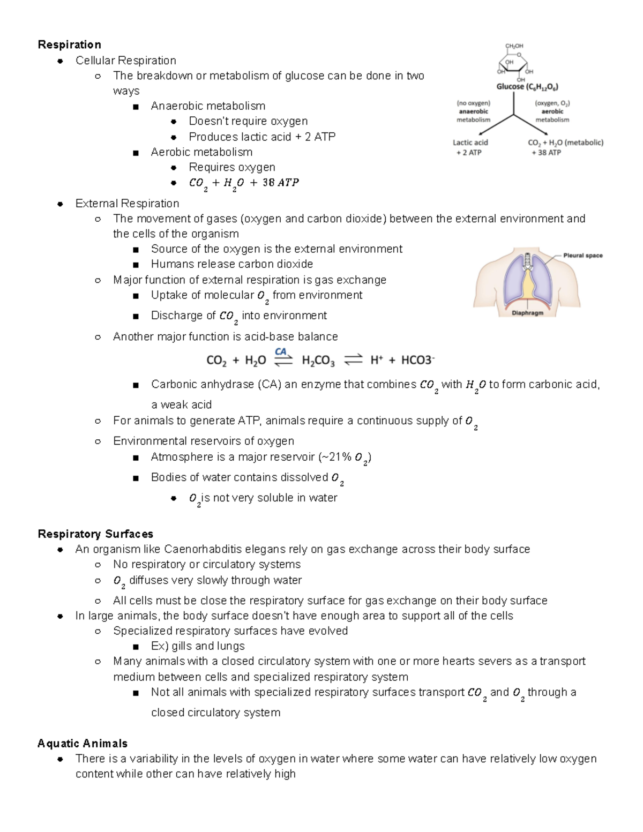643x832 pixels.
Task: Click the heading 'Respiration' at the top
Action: (x=69, y=44)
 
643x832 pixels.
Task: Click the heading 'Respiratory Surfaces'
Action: (x=95, y=534)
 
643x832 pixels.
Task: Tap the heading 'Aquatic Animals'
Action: (x=83, y=743)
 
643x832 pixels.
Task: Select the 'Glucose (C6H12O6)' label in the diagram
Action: (x=527, y=87)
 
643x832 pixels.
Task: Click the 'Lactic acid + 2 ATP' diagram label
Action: (x=470, y=147)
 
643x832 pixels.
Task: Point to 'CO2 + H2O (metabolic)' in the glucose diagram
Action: (x=565, y=143)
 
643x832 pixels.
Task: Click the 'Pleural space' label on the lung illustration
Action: (x=582, y=256)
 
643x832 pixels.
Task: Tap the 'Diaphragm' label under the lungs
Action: (x=527, y=313)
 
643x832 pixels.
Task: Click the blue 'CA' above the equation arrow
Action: (x=281, y=351)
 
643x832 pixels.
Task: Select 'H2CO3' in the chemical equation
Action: (x=318, y=361)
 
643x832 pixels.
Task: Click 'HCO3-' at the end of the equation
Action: (x=417, y=360)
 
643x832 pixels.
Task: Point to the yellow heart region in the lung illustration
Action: (x=528, y=284)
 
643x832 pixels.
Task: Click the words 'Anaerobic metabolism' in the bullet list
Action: (x=208, y=106)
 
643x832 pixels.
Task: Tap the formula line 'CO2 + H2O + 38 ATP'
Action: (x=244, y=183)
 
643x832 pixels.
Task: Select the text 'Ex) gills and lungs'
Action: (x=198, y=646)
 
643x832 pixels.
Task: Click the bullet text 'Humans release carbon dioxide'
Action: (x=231, y=264)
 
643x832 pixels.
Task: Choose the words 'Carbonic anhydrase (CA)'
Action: (x=216, y=384)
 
